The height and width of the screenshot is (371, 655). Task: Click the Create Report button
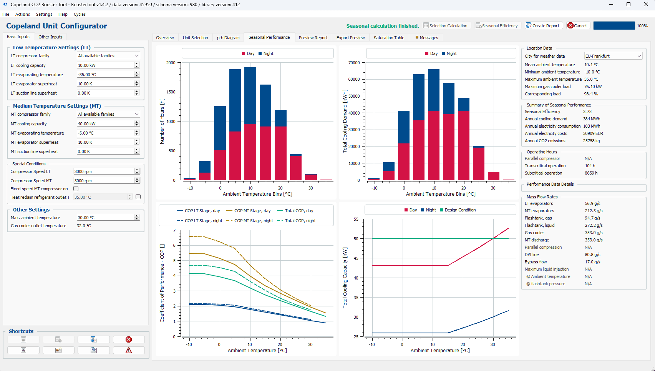pyautogui.click(x=543, y=26)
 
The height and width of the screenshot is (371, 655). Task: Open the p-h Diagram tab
pyautogui.click(x=228, y=37)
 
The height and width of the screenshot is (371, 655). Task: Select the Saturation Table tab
pyautogui.click(x=389, y=37)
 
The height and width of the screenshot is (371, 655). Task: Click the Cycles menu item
pyautogui.click(x=80, y=14)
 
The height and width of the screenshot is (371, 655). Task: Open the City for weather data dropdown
pyautogui.click(x=613, y=56)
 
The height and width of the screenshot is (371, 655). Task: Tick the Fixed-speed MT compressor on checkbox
pyautogui.click(x=76, y=189)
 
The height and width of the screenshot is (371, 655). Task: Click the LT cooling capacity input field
pyautogui.click(x=106, y=65)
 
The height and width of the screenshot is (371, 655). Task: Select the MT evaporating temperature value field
pyautogui.click(x=106, y=133)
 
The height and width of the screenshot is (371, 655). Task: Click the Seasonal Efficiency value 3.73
pyautogui.click(x=587, y=111)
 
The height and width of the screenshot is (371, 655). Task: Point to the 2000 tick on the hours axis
pyautogui.click(x=171, y=63)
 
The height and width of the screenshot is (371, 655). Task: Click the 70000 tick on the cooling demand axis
pyautogui.click(x=354, y=63)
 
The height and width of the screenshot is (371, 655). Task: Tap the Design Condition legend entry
pyautogui.click(x=458, y=210)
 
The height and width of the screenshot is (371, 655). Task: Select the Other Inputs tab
pyautogui.click(x=50, y=37)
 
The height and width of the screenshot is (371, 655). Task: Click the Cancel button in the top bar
pyautogui.click(x=577, y=26)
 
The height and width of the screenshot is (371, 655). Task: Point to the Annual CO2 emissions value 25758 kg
pyautogui.click(x=591, y=141)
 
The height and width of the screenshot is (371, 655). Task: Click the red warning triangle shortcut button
pyautogui.click(x=129, y=350)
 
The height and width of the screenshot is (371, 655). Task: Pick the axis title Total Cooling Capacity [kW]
pyautogui.click(x=345, y=278)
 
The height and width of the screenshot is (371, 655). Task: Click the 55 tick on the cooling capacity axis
pyautogui.click(x=356, y=219)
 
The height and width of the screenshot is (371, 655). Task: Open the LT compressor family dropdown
pyautogui.click(x=108, y=56)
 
